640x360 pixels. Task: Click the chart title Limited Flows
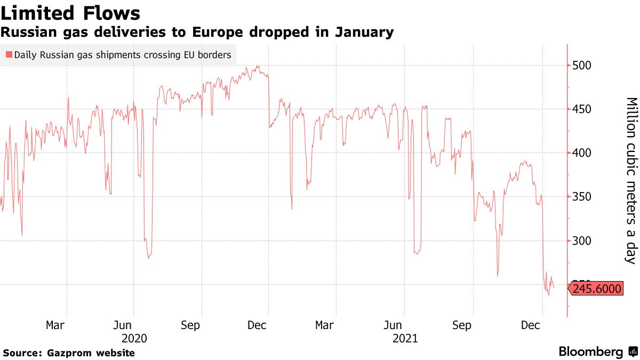(71, 13)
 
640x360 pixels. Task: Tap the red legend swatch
(9, 54)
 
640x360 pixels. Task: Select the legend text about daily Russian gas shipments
(122, 54)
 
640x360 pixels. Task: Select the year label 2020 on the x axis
(134, 338)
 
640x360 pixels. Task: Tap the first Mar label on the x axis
(55, 325)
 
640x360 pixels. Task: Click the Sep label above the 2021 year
(462, 325)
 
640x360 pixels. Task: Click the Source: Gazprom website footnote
(69, 353)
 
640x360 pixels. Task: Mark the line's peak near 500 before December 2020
(258, 66)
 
